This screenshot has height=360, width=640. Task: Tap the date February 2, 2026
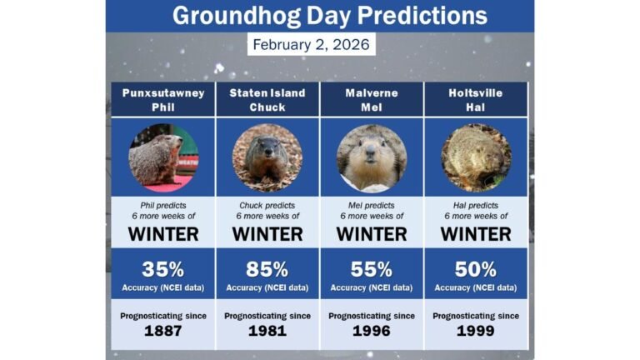point(311,44)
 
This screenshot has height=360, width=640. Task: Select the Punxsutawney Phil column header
point(163,99)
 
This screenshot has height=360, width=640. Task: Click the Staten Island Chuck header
point(267,99)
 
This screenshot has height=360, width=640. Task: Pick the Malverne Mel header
point(372,99)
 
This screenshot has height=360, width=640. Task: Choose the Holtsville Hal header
point(476,99)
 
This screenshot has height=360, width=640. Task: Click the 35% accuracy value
point(163,269)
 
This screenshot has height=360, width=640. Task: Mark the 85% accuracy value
point(267,269)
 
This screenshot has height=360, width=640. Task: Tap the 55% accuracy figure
point(372,269)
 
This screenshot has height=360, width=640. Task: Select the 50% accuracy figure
point(476,269)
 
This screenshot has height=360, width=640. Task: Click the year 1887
point(163,331)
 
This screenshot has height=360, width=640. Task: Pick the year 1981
point(267,331)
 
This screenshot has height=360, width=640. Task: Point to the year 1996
point(372,331)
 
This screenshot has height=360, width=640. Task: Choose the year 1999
point(476,331)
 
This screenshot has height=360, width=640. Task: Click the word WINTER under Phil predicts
point(163,233)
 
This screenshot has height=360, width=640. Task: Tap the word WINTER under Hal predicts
point(476,233)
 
